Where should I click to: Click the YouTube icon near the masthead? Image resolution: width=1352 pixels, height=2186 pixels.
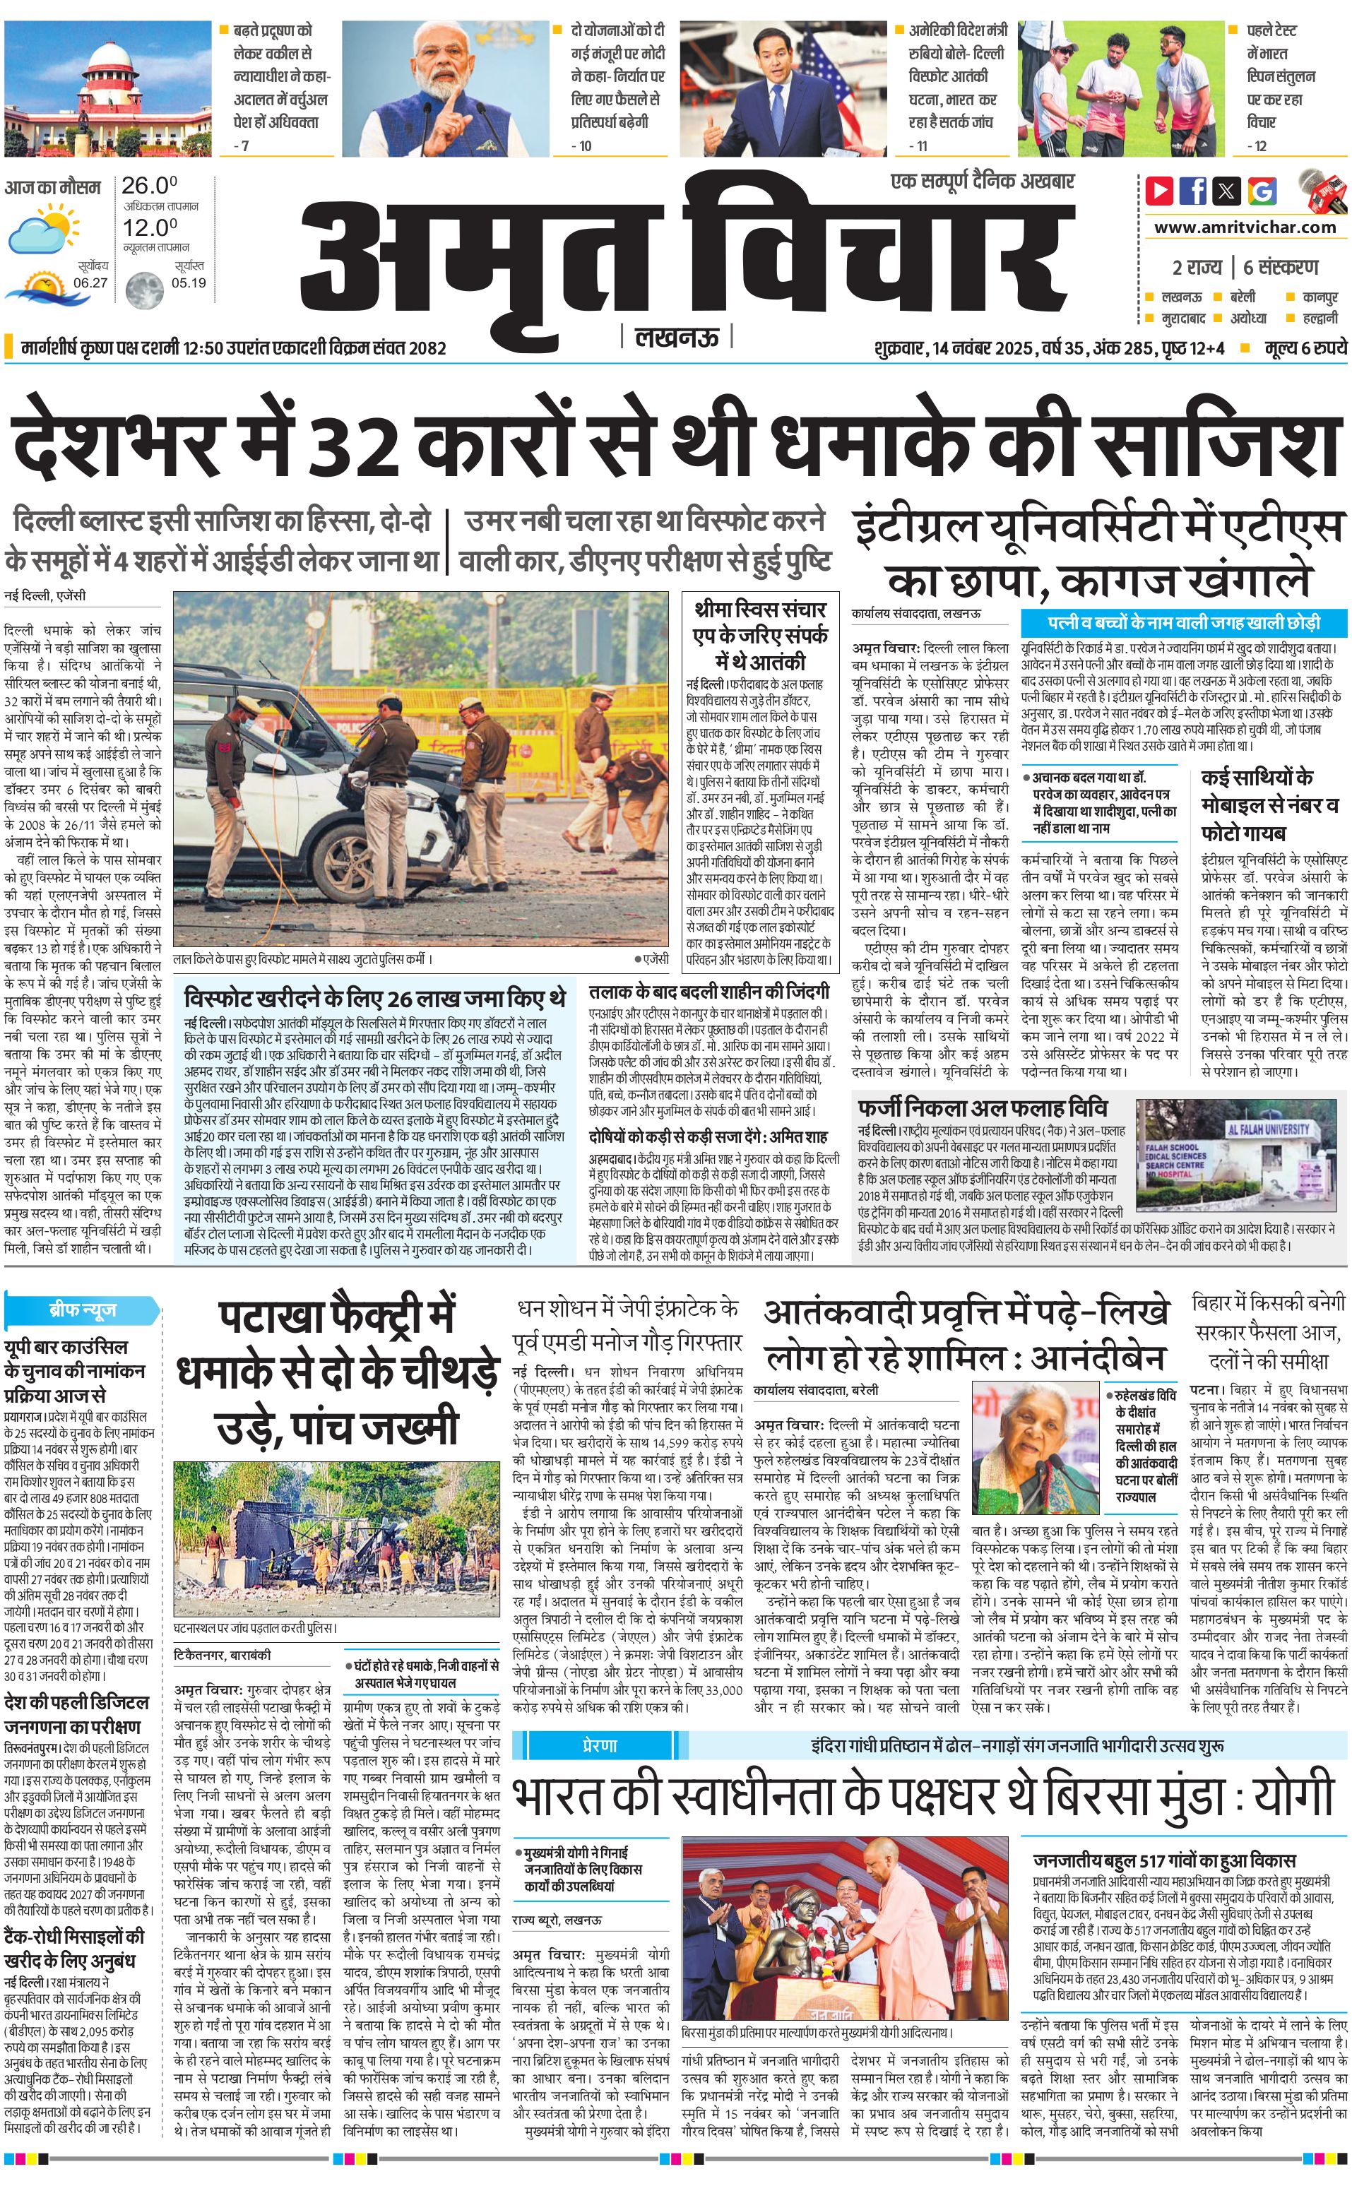pos(1159,191)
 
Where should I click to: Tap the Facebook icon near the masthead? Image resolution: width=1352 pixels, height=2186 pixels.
pos(1193,191)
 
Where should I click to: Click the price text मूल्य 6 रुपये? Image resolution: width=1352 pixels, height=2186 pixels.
pos(1305,347)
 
